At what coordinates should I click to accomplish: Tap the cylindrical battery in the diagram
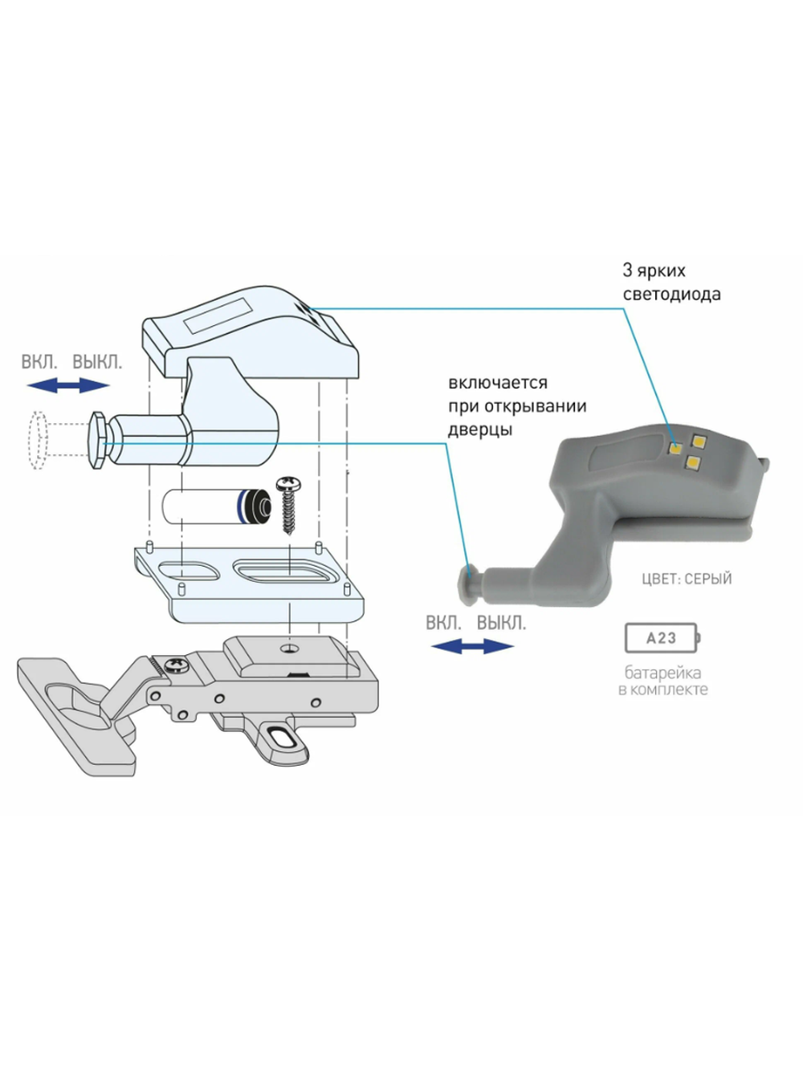click(x=215, y=507)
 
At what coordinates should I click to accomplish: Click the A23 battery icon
click(x=662, y=638)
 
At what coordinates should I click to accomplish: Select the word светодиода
click(x=671, y=295)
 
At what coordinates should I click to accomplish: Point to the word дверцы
click(x=480, y=429)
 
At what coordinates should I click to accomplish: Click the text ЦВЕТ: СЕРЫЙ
click(x=687, y=579)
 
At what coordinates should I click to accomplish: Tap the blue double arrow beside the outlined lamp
click(x=68, y=386)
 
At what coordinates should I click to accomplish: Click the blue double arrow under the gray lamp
click(x=472, y=646)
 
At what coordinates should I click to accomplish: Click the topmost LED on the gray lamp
click(x=697, y=440)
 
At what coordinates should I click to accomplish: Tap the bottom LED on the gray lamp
click(x=691, y=462)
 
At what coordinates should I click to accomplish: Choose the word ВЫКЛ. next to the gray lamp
click(x=501, y=623)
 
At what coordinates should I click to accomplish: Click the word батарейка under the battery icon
click(x=662, y=673)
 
